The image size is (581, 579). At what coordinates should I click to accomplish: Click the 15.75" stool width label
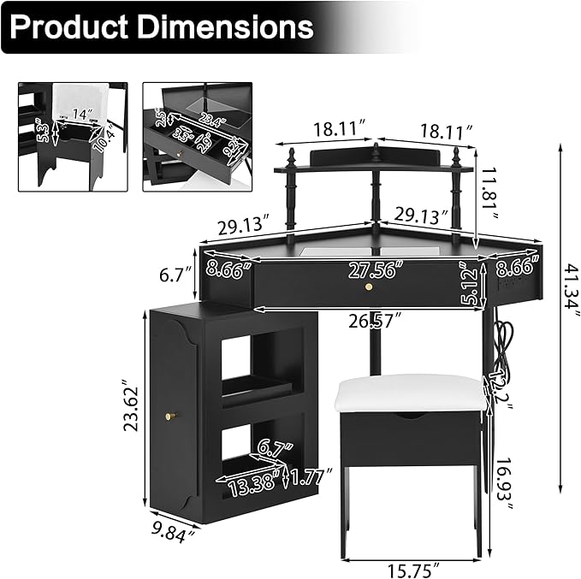(412, 569)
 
